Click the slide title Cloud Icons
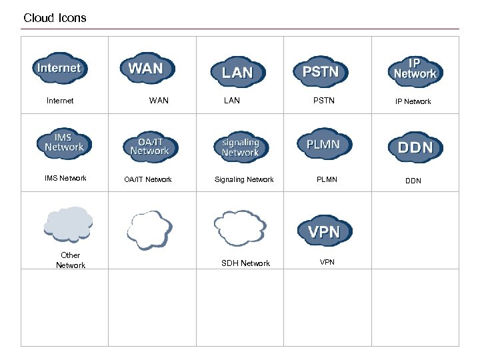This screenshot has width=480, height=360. pyautogui.click(x=55, y=18)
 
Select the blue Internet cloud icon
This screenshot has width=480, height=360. pyautogui.click(x=59, y=68)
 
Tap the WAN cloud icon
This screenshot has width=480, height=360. pyautogui.click(x=146, y=68)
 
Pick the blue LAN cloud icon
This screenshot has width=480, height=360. pyautogui.click(x=237, y=72)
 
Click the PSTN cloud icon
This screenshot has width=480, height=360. pyautogui.click(x=321, y=71)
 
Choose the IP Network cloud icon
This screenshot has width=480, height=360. pyautogui.click(x=415, y=71)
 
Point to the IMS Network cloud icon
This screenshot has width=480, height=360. pyautogui.click(x=64, y=143)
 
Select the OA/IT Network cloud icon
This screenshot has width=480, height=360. pyautogui.click(x=150, y=147)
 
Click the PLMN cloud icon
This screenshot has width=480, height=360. pyautogui.click(x=323, y=144)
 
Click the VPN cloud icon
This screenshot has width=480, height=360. pyautogui.click(x=324, y=231)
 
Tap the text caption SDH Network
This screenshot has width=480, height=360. pyautogui.click(x=245, y=263)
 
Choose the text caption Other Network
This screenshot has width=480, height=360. pyautogui.click(x=70, y=260)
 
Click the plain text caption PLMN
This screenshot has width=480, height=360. pyautogui.click(x=327, y=179)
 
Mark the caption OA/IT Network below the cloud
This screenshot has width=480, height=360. pyautogui.click(x=148, y=179)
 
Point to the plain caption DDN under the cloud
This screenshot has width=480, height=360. pyautogui.click(x=413, y=181)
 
